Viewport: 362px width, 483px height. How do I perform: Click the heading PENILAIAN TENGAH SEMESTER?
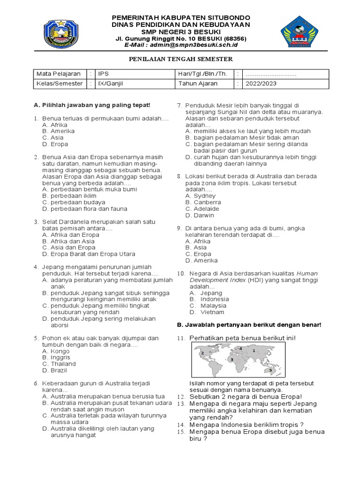(x=181, y=59)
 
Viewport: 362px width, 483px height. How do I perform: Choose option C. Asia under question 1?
(x=53, y=138)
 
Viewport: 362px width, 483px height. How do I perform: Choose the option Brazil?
(x=53, y=371)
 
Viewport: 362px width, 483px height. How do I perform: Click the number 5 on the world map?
(x=271, y=370)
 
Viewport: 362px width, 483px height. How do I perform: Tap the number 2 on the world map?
(x=202, y=353)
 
